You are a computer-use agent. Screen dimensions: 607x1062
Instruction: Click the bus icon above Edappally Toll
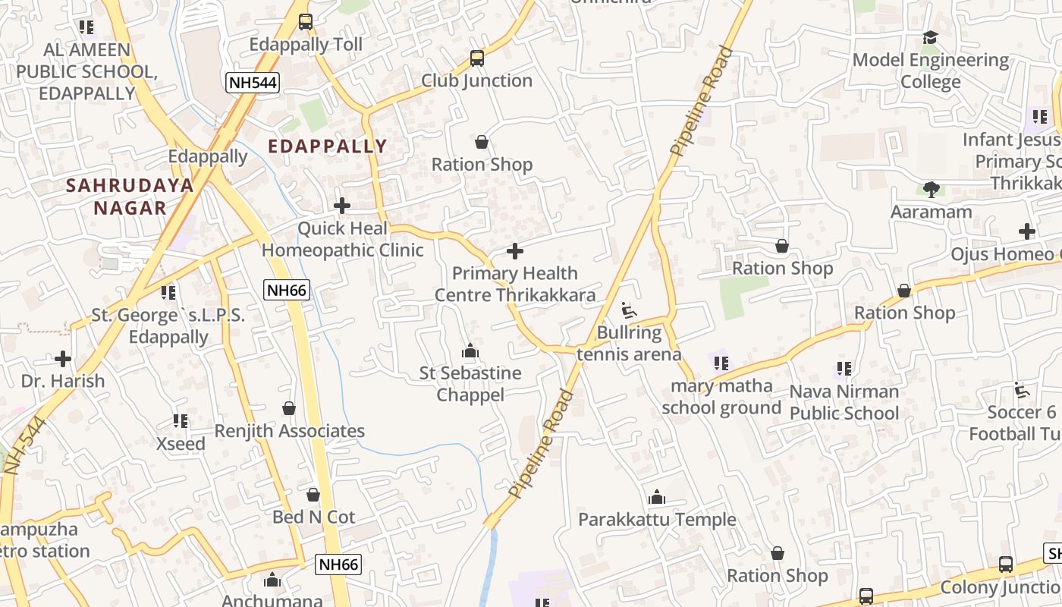click(306, 22)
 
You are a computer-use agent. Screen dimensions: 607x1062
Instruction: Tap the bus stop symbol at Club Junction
click(476, 58)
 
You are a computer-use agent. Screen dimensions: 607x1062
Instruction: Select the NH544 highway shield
click(253, 83)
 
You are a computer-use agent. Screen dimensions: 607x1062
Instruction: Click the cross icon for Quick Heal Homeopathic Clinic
click(342, 206)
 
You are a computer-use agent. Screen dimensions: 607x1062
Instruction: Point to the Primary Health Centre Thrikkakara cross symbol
click(515, 251)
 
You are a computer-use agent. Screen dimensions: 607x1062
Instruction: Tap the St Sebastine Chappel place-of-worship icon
click(470, 351)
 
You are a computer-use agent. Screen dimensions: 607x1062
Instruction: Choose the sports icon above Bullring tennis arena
click(629, 310)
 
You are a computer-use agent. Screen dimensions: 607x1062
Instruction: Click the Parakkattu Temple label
click(657, 520)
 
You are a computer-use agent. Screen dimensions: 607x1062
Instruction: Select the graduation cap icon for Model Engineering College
click(930, 38)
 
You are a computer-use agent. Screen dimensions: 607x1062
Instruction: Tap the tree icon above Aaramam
click(931, 190)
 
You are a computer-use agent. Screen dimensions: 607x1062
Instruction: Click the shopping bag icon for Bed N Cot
click(313, 495)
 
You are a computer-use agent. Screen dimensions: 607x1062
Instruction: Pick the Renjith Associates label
click(289, 431)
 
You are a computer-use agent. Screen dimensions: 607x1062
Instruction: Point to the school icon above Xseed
click(181, 421)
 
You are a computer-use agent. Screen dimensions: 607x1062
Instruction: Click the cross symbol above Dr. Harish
click(63, 358)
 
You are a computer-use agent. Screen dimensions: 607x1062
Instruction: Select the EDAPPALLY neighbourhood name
click(328, 146)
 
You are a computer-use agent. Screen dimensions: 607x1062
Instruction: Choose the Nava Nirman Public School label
click(844, 402)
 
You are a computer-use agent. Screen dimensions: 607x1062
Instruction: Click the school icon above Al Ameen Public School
click(86, 27)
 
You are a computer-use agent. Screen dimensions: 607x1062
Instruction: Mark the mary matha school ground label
click(721, 397)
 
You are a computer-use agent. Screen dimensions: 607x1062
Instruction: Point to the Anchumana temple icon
click(272, 581)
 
